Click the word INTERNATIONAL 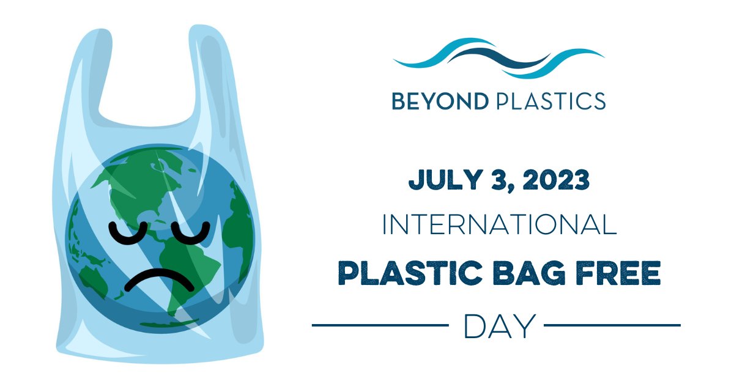pyautogui.click(x=499, y=225)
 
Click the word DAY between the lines pyautogui.click(x=499, y=325)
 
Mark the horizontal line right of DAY pyautogui.click(x=612, y=325)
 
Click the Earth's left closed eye pyautogui.click(x=130, y=233)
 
